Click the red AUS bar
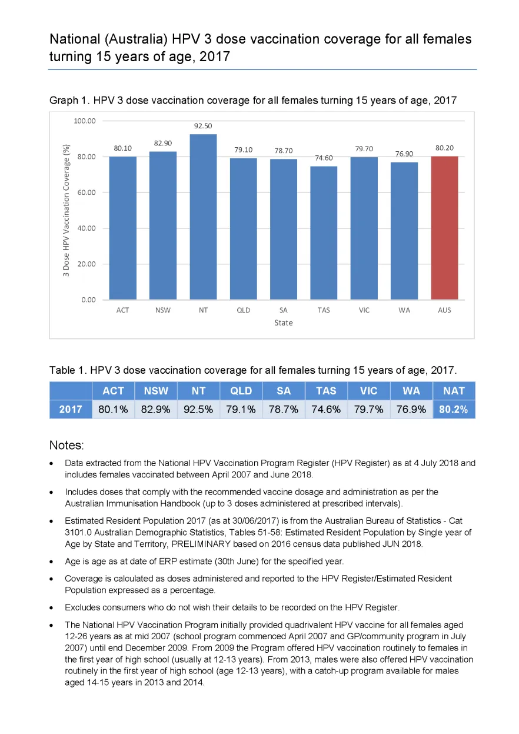[444, 228]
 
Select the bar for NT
[203, 217]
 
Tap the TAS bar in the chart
[324, 233]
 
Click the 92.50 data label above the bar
[203, 126]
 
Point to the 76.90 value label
[404, 154]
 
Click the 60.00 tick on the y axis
[86, 192]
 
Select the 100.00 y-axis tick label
[85, 121]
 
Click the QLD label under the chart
[244, 310]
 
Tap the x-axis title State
[284, 323]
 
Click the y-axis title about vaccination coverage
[66, 210]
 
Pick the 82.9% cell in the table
[155, 409]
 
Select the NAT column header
[454, 391]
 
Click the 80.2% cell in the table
[454, 409]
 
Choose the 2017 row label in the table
[71, 409]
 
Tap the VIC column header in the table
[368, 391]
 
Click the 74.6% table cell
[326, 409]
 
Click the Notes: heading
[66, 445]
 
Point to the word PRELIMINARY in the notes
[201, 544]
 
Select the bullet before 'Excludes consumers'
[51, 608]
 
